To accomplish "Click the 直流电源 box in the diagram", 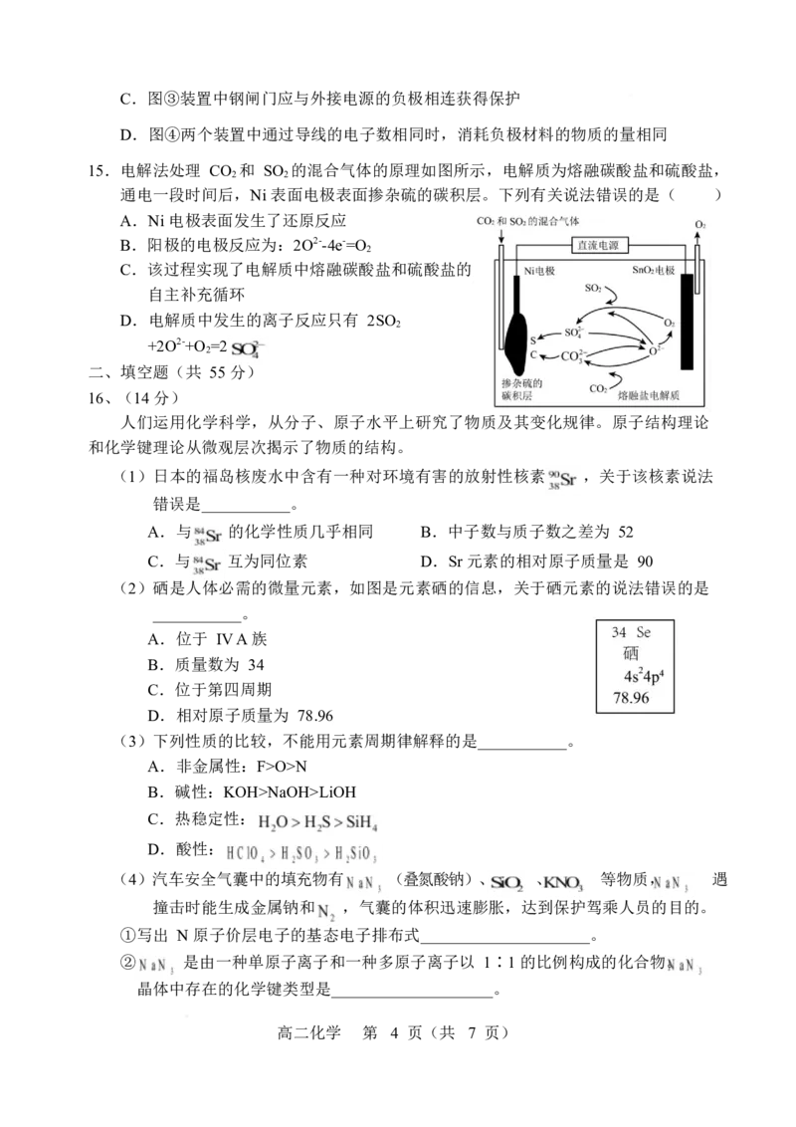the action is [x=598, y=245].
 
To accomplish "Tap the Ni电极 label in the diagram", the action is [x=539, y=271].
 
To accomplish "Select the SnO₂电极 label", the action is [x=653, y=270].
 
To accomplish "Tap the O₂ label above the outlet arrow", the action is [x=699, y=225].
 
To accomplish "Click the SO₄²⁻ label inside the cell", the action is [x=573, y=333].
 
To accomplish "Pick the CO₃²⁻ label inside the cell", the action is [x=572, y=355].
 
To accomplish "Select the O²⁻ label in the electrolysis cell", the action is [x=655, y=350].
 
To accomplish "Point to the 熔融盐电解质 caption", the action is [x=648, y=394].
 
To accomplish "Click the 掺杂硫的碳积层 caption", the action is [x=521, y=389].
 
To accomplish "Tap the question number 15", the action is [x=99, y=171].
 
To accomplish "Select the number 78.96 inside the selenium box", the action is [x=631, y=697].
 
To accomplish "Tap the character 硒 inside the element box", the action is [x=631, y=653].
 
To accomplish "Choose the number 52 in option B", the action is [x=626, y=532].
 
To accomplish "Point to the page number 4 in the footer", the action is [x=394, y=1032].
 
